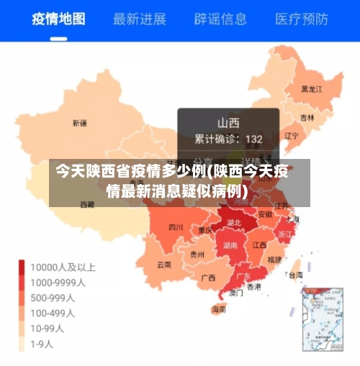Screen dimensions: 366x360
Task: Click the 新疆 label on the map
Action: click(79, 123)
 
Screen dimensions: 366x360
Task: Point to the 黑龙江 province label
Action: click(311, 89)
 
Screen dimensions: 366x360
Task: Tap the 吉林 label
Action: click(307, 117)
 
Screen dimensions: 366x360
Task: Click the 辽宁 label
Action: click(291, 135)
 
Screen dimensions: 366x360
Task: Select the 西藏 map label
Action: click(86, 204)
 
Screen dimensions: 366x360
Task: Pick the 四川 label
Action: click(176, 227)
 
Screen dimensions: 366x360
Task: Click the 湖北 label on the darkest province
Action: click(234, 223)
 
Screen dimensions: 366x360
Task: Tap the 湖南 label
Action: click(230, 245)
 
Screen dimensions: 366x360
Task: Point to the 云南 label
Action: click(164, 264)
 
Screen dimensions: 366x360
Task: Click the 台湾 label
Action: click(296, 275)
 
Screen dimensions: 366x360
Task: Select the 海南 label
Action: click(218, 310)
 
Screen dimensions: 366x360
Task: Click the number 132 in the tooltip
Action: click(253, 138)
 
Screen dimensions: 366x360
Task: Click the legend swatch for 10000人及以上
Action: click(22, 267)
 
